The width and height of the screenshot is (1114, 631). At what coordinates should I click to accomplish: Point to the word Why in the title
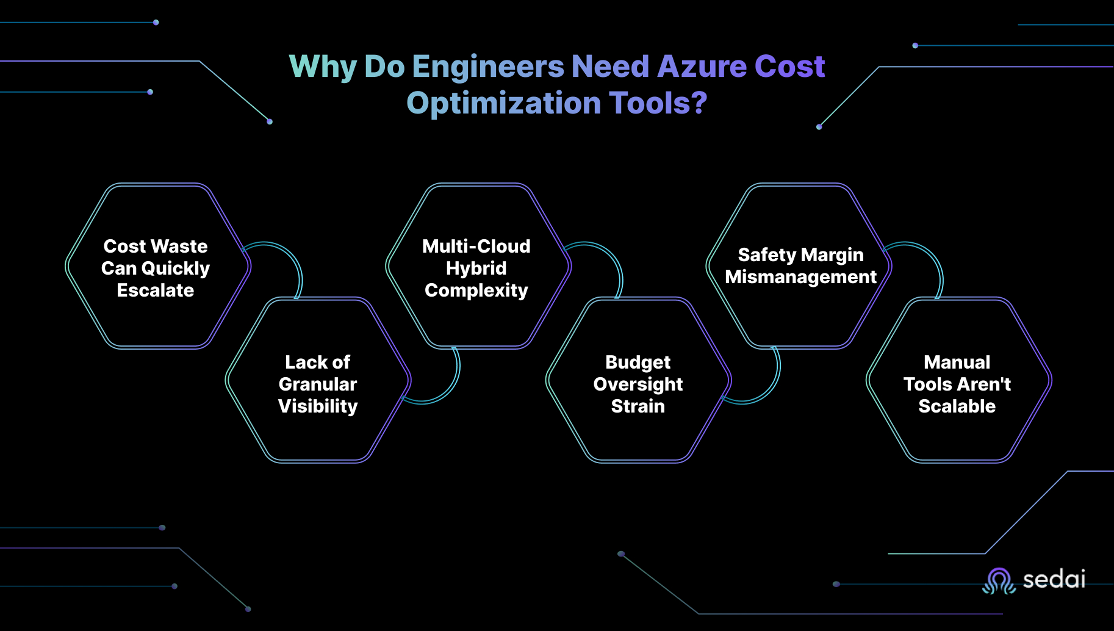pos(322,67)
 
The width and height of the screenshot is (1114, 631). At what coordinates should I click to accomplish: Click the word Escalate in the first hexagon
pos(156,290)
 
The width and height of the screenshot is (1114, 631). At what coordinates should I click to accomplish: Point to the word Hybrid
pos(476,269)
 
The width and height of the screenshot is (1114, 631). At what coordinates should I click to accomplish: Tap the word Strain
pos(638,406)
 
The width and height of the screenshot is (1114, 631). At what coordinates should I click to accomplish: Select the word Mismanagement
pos(800,277)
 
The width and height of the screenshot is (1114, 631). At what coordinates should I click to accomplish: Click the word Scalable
pos(957,406)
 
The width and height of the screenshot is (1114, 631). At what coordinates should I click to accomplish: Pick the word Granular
pos(318,384)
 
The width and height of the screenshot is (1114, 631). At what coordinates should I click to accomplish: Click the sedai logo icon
pos(998,580)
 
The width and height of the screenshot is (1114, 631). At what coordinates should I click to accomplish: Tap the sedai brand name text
pos(1054,579)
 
